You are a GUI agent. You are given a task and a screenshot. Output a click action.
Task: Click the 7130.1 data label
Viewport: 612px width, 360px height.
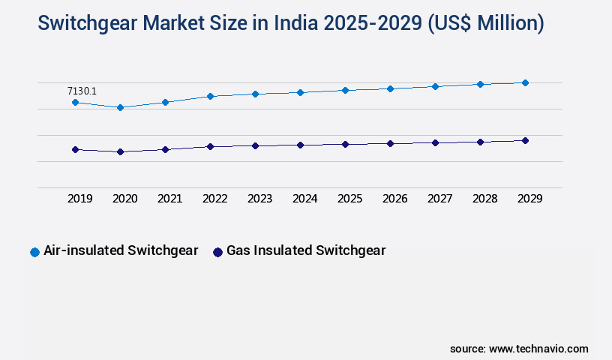click(x=82, y=91)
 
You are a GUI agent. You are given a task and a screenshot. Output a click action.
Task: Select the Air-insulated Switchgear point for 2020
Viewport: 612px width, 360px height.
click(x=120, y=107)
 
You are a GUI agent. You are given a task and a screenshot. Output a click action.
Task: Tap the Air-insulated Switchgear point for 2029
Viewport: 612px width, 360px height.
click(x=525, y=82)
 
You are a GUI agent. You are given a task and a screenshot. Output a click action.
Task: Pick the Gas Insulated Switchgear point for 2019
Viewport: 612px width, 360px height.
click(x=75, y=149)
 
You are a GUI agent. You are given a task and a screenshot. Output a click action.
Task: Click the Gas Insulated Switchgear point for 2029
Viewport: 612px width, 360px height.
click(x=525, y=140)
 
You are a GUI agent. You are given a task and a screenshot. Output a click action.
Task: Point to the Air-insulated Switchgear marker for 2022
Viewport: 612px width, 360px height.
click(x=210, y=96)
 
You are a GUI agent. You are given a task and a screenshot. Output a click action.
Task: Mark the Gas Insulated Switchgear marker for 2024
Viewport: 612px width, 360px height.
click(x=300, y=145)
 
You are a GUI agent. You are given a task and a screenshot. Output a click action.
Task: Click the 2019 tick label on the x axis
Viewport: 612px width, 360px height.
click(x=80, y=199)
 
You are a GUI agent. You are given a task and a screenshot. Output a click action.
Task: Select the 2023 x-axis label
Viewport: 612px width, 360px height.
click(x=259, y=199)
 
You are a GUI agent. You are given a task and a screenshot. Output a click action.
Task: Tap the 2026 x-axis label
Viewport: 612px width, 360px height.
click(x=394, y=199)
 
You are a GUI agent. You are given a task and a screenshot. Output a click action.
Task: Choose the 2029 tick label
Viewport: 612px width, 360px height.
click(x=529, y=199)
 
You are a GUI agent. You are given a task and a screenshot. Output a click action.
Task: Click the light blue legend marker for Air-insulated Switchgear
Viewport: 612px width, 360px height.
click(x=34, y=252)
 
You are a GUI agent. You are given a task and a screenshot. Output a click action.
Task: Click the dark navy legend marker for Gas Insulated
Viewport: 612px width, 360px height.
click(x=217, y=252)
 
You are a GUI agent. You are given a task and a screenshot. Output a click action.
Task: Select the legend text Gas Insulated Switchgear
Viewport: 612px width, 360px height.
click(x=306, y=250)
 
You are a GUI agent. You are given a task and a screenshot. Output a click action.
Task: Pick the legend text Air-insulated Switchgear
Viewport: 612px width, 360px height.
click(x=121, y=250)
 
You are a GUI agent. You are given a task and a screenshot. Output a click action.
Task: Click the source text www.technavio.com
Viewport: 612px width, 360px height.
click(x=538, y=349)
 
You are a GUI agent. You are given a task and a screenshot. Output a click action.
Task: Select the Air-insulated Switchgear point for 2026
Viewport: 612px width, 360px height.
click(x=390, y=88)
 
